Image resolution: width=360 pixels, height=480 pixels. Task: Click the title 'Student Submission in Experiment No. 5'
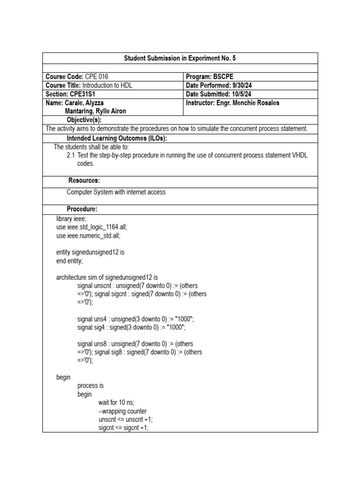coord(180,58)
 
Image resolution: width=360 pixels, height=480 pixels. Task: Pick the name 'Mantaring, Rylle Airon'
coord(95,111)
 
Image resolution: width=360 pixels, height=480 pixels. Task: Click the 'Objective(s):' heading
coord(84,120)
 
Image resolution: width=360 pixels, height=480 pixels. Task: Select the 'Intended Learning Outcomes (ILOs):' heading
coord(117,138)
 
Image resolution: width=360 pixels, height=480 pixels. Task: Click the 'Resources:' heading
coord(84,180)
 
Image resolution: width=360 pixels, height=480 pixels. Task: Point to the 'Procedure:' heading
coord(82,209)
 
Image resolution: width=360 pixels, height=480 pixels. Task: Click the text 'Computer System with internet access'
coord(116,192)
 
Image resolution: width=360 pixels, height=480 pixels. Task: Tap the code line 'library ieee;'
coord(71,218)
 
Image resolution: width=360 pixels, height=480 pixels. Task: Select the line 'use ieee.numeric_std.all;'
coord(88,235)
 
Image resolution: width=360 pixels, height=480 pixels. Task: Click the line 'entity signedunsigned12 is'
coord(90,252)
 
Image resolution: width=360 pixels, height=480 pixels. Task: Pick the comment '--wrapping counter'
coord(122,411)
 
